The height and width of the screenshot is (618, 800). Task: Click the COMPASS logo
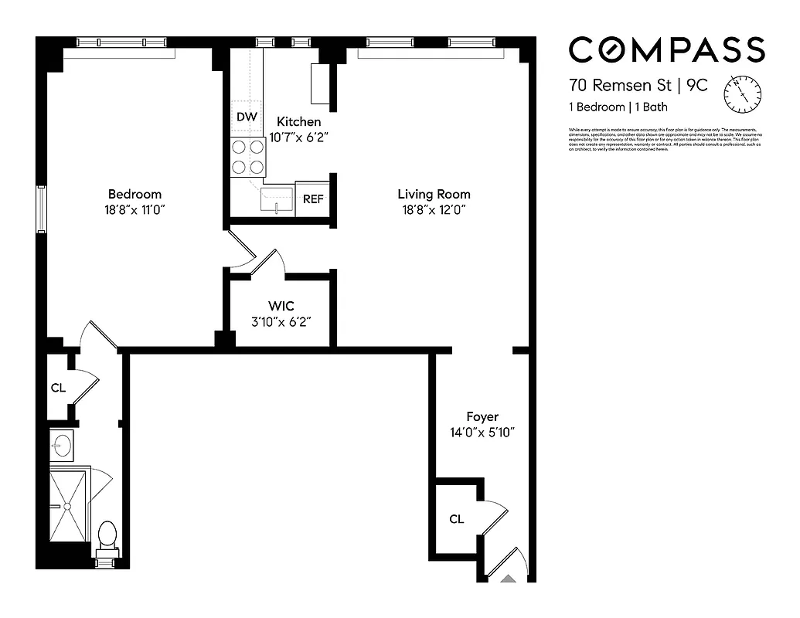666,50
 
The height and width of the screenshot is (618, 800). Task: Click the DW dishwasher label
246,117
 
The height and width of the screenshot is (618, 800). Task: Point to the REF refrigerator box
312,199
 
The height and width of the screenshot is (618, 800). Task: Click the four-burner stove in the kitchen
248,157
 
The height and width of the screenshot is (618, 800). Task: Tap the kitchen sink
277,200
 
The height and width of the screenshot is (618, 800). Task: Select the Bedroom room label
134,194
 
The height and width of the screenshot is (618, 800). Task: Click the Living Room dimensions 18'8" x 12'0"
434,209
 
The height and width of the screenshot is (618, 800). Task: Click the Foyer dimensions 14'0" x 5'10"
482,433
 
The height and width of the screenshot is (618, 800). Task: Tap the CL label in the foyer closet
456,519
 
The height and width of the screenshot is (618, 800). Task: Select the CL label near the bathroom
58,388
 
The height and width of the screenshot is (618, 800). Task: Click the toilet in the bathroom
107,535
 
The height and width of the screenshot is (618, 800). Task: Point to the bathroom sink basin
62,444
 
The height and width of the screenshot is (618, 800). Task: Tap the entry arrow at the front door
509,576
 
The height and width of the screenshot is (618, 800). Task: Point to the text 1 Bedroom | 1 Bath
618,107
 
